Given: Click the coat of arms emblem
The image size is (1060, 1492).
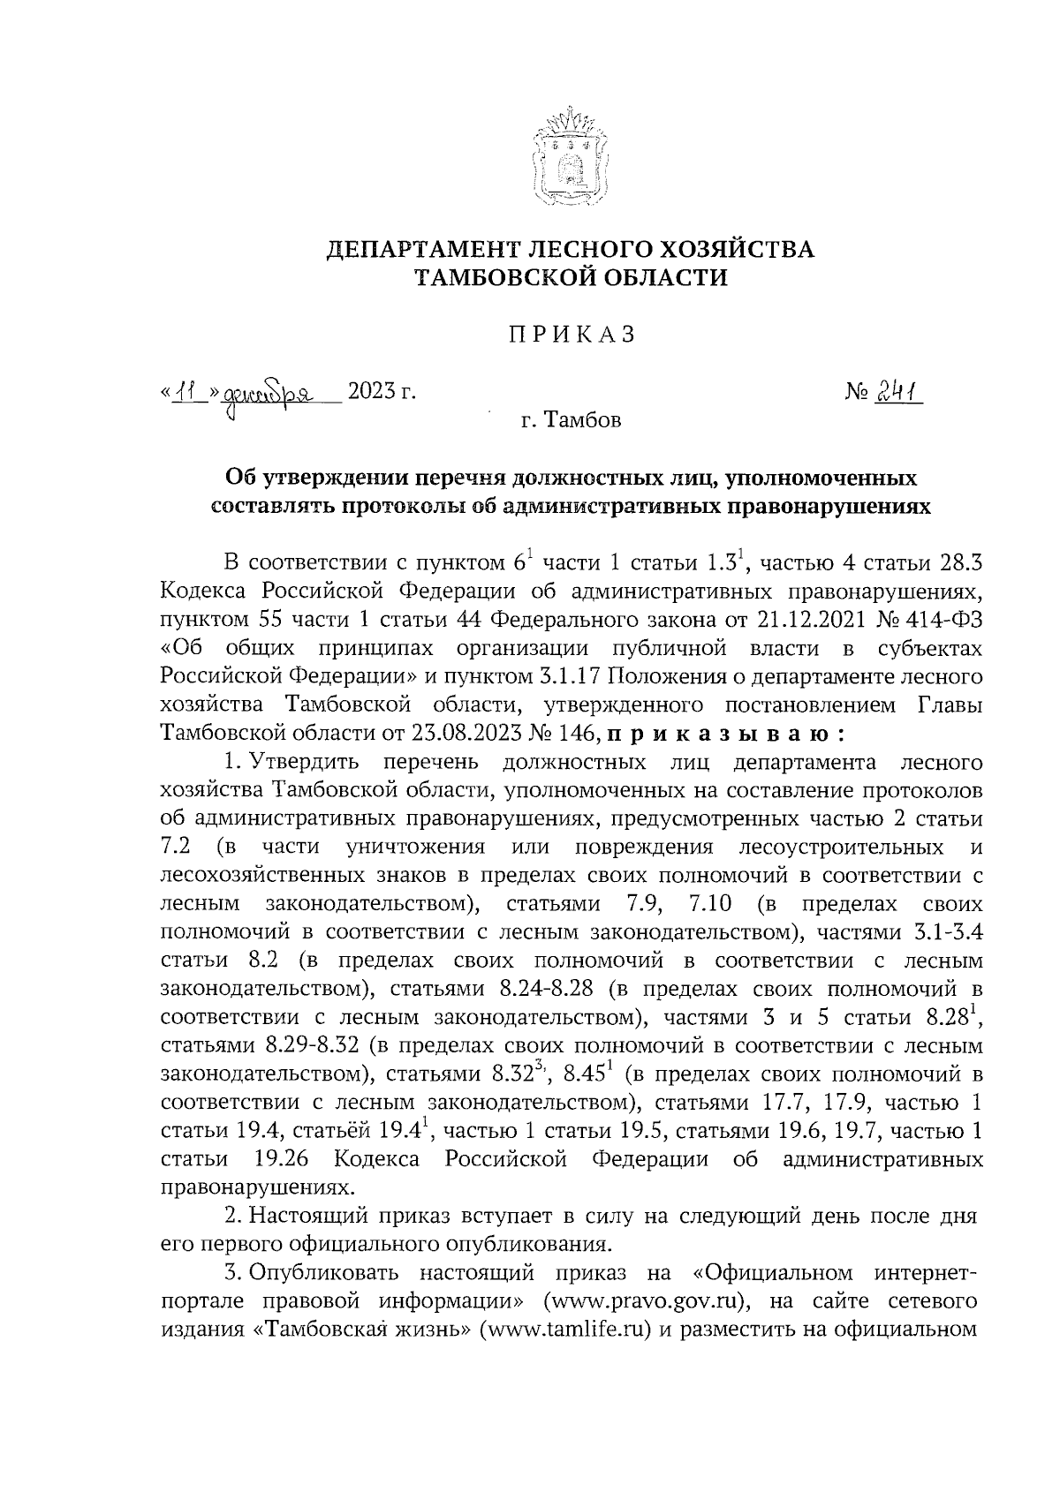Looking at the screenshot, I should pyautogui.click(x=571, y=157).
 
